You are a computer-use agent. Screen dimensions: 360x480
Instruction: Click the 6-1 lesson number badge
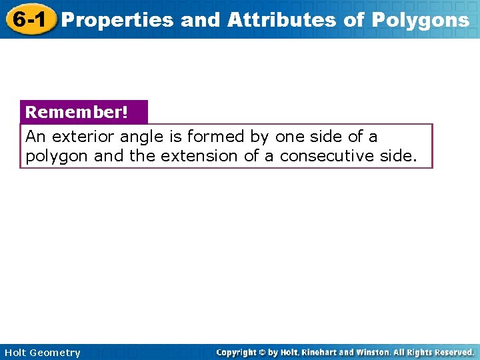point(27,19)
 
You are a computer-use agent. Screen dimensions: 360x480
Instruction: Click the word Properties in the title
point(117,20)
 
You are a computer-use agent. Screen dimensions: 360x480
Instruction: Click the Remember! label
point(76,112)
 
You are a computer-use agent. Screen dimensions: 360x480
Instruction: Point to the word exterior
point(85,137)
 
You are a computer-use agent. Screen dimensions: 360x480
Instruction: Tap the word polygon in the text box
point(57,156)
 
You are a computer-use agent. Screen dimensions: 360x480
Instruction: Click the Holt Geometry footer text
point(41,353)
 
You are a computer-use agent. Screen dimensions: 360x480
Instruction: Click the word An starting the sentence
point(34,137)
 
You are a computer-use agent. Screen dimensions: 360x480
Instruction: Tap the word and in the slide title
point(200,20)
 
